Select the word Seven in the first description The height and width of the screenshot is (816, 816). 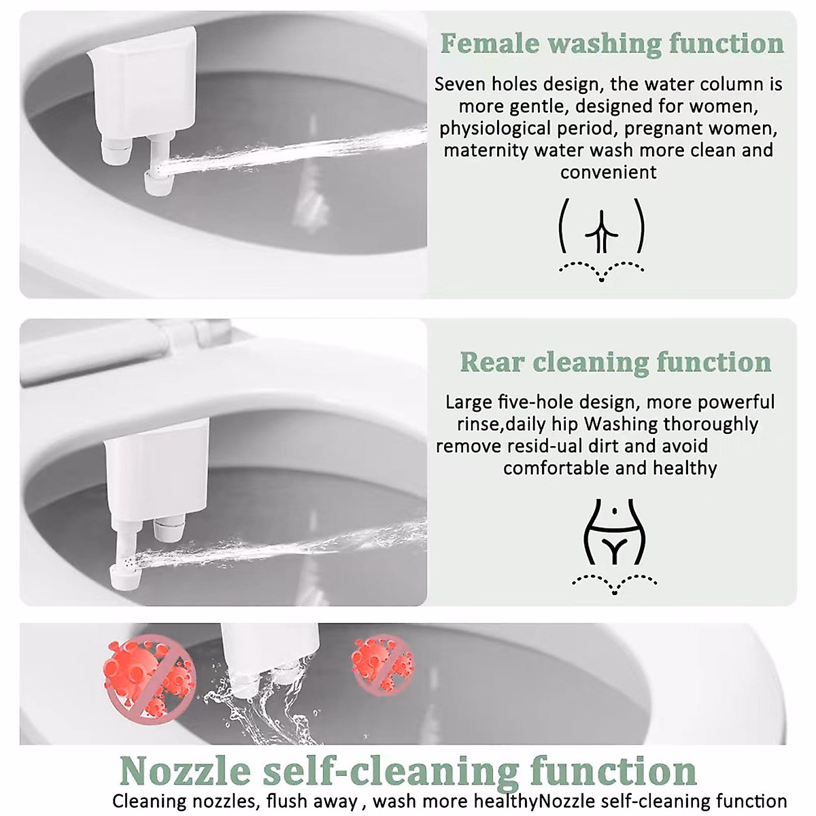pos(460,84)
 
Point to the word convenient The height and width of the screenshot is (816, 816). pos(609,172)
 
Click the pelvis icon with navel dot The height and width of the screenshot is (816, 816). pos(614,533)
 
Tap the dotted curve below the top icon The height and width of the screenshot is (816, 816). pos(601,270)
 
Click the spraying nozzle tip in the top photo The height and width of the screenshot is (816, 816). pos(158,182)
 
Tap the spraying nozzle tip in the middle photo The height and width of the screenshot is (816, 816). pos(126,575)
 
